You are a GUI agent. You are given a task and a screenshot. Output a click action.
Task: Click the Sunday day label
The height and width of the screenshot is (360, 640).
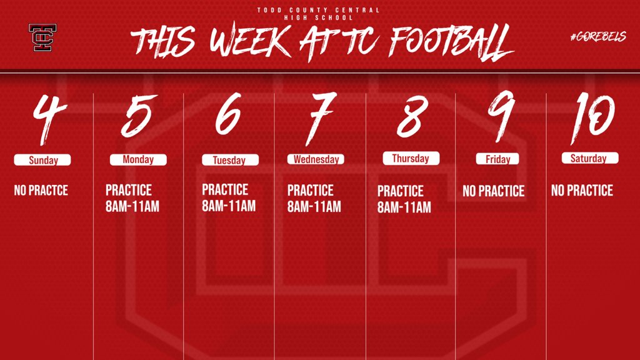[42, 161]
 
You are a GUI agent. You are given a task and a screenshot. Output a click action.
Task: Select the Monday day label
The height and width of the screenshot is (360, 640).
[138, 159]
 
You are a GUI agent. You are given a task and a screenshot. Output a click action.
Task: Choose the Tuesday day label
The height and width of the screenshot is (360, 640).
[229, 161]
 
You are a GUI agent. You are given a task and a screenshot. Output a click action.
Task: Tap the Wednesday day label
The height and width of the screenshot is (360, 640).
[316, 159]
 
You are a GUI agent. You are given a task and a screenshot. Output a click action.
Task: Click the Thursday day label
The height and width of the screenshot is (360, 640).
[411, 159]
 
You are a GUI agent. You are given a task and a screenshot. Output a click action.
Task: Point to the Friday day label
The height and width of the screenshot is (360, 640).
[497, 159]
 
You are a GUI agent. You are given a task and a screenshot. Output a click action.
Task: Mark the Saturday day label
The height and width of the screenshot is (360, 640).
[589, 159]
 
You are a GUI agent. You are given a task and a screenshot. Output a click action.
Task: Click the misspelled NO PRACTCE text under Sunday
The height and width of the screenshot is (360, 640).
[41, 190]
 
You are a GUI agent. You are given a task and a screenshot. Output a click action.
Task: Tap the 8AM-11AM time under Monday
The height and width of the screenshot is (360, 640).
[132, 207]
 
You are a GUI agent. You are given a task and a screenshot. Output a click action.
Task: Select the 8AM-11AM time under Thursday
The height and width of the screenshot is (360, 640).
[404, 208]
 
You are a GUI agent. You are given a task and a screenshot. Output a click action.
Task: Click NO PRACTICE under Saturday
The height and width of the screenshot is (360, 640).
[582, 191]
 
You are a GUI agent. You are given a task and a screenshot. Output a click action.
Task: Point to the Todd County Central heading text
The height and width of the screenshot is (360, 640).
[319, 11]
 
